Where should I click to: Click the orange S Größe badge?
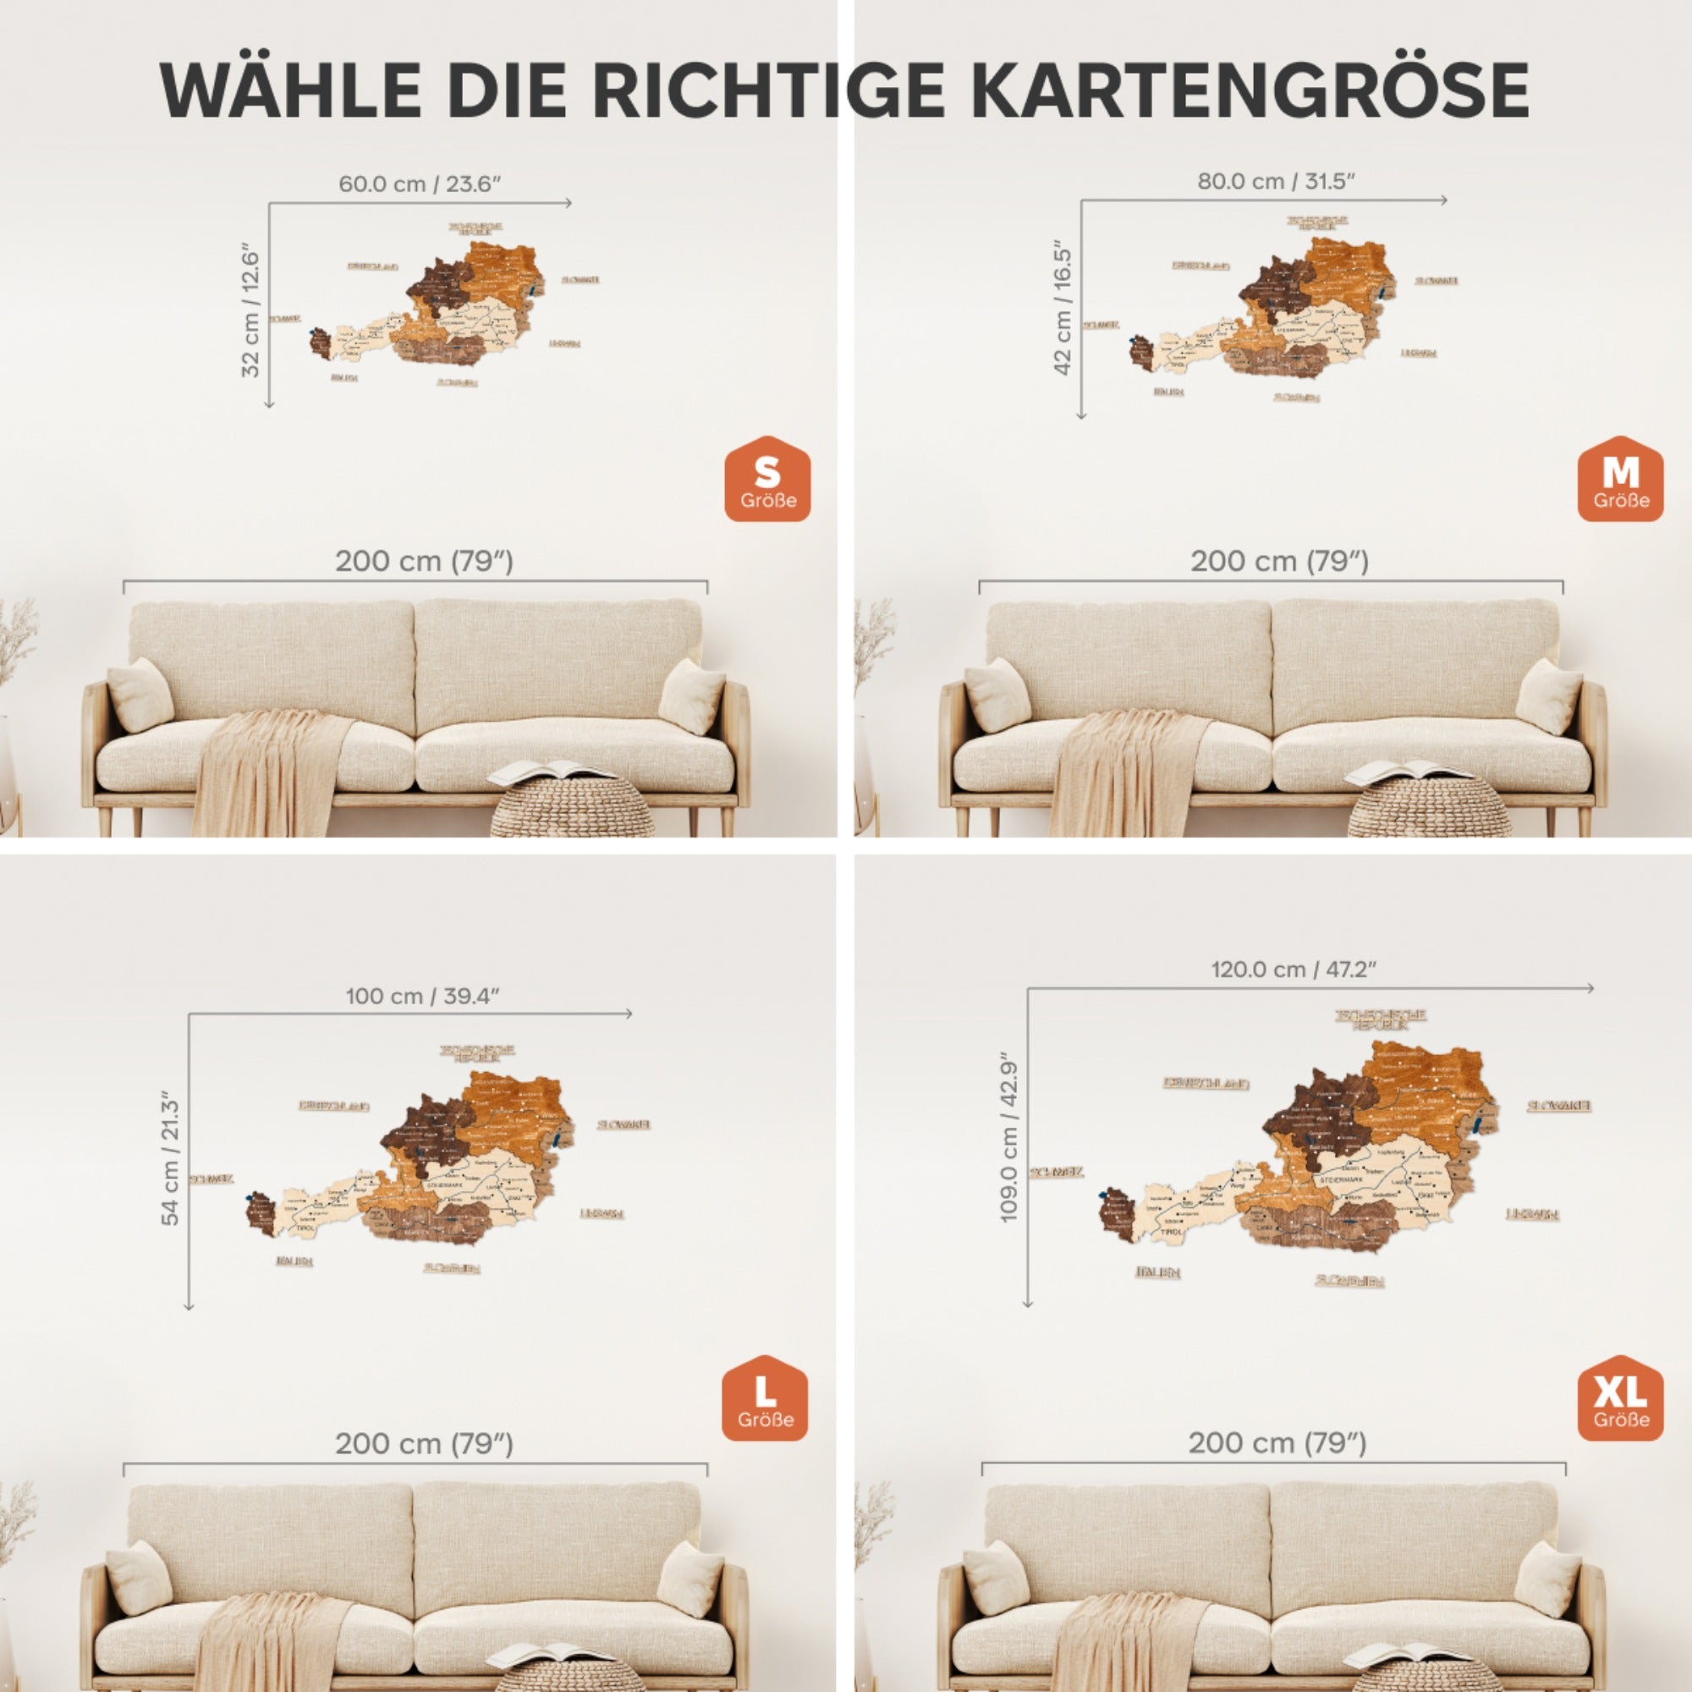[x=767, y=481]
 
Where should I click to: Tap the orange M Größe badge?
[x=1620, y=481]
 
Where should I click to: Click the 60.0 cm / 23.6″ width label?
[x=420, y=184]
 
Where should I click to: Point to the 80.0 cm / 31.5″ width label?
[x=1276, y=181]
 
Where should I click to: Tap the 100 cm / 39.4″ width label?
[x=422, y=996]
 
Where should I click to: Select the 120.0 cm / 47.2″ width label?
[x=1294, y=970]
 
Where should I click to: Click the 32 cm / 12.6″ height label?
[x=251, y=310]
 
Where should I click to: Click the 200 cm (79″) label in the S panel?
[x=424, y=562]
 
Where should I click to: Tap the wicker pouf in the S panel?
[x=571, y=807]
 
